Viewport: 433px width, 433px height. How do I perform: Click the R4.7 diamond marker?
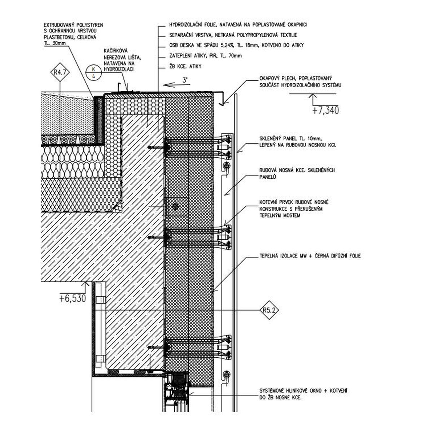pyautogui.click(x=60, y=72)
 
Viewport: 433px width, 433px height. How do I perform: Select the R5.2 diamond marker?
pyautogui.click(x=269, y=311)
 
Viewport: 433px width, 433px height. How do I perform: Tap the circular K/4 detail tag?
pyautogui.click(x=94, y=73)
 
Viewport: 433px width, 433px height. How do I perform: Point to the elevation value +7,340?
pyautogui.click(x=325, y=110)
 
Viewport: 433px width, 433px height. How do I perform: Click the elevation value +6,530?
pyautogui.click(x=73, y=299)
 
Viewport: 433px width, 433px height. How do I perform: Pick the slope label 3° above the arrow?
pyautogui.click(x=185, y=80)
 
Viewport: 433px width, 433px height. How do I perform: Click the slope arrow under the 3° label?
pyautogui.click(x=176, y=85)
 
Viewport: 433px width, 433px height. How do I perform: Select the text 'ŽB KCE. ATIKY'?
pyautogui.click(x=185, y=66)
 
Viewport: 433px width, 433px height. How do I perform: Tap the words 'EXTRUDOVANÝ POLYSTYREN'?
pyautogui.click(x=74, y=25)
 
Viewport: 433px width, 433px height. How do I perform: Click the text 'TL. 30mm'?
pyautogui.click(x=55, y=43)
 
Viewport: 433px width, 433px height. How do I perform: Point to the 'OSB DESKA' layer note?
pyautogui.click(x=237, y=45)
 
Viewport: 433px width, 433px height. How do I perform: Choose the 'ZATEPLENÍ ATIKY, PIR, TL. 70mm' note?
pyautogui.click(x=206, y=56)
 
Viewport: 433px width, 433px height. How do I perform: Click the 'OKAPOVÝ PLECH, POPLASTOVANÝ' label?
pyautogui.click(x=296, y=78)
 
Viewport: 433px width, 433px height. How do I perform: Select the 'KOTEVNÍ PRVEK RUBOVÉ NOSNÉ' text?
pyautogui.click(x=294, y=202)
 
